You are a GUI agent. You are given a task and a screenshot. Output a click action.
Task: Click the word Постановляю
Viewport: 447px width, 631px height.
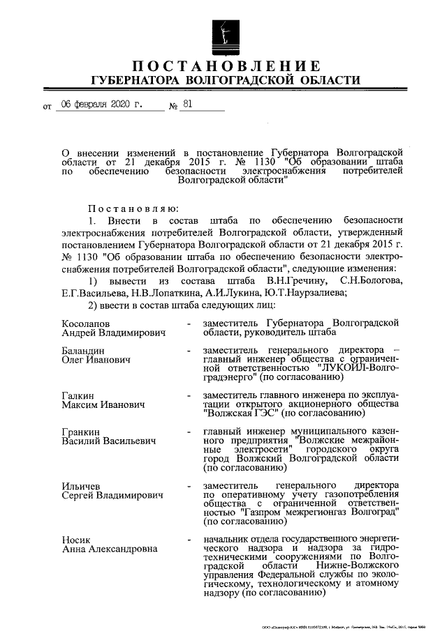[133, 208]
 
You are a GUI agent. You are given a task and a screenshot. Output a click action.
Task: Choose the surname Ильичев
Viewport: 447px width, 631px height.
[81, 485]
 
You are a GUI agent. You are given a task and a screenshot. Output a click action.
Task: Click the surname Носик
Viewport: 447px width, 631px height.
[75, 539]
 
